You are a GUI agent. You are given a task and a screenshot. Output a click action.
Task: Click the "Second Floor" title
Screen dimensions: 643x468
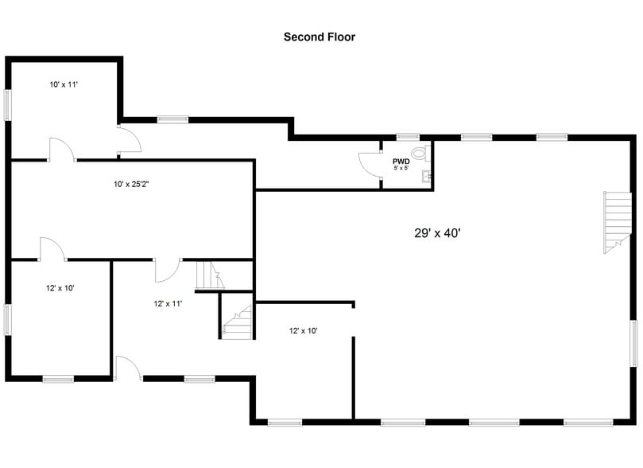[320, 37]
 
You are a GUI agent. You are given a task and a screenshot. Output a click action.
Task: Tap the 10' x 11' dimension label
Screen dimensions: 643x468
[64, 84]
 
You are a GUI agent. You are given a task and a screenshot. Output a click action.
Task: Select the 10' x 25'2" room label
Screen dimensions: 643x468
[131, 185]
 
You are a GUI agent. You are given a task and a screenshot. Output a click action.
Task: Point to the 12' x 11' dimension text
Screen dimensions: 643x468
[168, 304]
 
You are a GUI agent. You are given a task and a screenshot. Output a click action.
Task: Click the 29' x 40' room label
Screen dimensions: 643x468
[438, 233]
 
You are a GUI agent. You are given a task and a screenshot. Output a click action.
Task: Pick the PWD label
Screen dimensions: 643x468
[401, 162]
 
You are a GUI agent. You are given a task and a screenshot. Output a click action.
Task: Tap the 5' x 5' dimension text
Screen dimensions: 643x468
[401, 168]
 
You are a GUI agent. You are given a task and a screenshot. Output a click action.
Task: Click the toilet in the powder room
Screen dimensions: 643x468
[420, 153]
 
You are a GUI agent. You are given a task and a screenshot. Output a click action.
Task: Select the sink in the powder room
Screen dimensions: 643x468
[426, 176]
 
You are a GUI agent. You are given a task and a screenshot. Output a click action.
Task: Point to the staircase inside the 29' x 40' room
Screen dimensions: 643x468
[617, 222]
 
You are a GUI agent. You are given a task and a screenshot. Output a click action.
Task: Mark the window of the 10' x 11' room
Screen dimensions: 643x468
[7, 105]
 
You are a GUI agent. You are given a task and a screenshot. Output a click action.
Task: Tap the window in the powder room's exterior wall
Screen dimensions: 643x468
[408, 137]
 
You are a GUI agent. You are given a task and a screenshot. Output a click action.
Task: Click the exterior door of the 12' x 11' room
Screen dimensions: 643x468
[128, 368]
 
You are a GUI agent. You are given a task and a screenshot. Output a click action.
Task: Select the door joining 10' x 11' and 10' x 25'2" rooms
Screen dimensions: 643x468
[62, 150]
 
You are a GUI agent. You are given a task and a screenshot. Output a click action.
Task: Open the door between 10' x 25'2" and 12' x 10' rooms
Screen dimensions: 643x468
[52, 249]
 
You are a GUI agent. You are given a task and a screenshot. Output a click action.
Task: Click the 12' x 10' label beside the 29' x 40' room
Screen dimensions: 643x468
[303, 331]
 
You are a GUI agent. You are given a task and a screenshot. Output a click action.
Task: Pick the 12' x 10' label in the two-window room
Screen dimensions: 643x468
[60, 288]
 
